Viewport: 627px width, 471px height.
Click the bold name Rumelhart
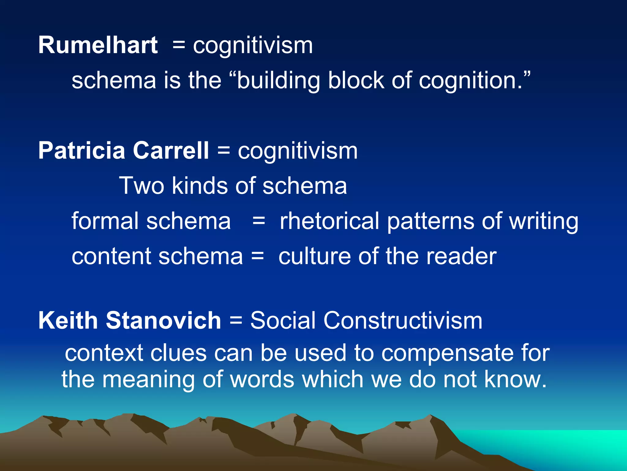[98, 45]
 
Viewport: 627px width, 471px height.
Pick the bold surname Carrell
[171, 151]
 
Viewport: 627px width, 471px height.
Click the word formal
[105, 221]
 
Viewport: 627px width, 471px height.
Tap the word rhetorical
[329, 221]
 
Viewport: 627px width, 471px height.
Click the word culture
[314, 256]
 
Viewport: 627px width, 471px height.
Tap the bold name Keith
[68, 321]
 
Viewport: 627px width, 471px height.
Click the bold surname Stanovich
[163, 321]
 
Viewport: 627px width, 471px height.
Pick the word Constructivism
[403, 321]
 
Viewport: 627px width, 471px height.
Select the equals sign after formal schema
[259, 221]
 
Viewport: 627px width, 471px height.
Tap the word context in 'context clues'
[104, 353]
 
